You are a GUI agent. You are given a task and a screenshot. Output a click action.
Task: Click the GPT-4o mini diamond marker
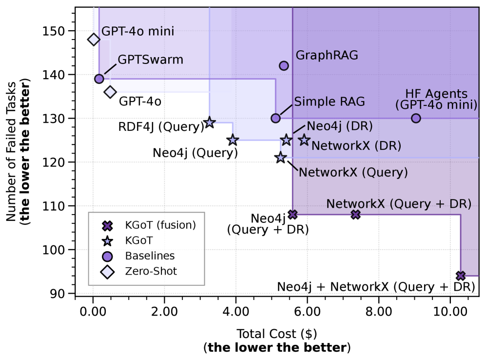(94, 40)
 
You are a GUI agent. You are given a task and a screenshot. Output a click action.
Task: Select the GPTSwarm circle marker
(99, 79)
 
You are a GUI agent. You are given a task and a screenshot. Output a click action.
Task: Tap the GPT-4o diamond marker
(110, 92)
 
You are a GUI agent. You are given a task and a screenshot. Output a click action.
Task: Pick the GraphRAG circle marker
(284, 65)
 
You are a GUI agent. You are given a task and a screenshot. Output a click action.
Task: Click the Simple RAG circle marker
(275, 118)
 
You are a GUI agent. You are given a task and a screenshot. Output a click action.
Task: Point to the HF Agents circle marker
(416, 118)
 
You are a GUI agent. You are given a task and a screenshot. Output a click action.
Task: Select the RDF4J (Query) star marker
(210, 122)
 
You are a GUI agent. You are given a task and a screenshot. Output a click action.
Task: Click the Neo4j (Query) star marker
(233, 140)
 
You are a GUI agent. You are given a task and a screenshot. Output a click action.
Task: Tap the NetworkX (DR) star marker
(304, 140)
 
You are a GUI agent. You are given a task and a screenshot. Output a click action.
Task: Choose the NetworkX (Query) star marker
(280, 158)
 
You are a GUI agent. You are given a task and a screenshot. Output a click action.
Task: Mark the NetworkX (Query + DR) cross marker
(355, 214)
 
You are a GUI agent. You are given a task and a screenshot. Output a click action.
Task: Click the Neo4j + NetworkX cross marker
(460, 276)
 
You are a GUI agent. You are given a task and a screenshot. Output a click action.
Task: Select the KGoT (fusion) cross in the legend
(107, 225)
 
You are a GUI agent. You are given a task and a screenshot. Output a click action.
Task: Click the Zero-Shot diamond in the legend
(107, 272)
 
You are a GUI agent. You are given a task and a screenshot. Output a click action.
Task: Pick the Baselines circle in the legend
(107, 256)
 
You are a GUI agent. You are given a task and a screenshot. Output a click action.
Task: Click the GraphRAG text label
(327, 55)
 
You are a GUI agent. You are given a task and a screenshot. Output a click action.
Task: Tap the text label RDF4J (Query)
(161, 127)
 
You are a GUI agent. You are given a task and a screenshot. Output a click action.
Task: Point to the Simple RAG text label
(330, 101)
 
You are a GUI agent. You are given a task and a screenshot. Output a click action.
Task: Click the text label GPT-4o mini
(137, 32)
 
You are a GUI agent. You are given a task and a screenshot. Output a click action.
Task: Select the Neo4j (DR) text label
(340, 126)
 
